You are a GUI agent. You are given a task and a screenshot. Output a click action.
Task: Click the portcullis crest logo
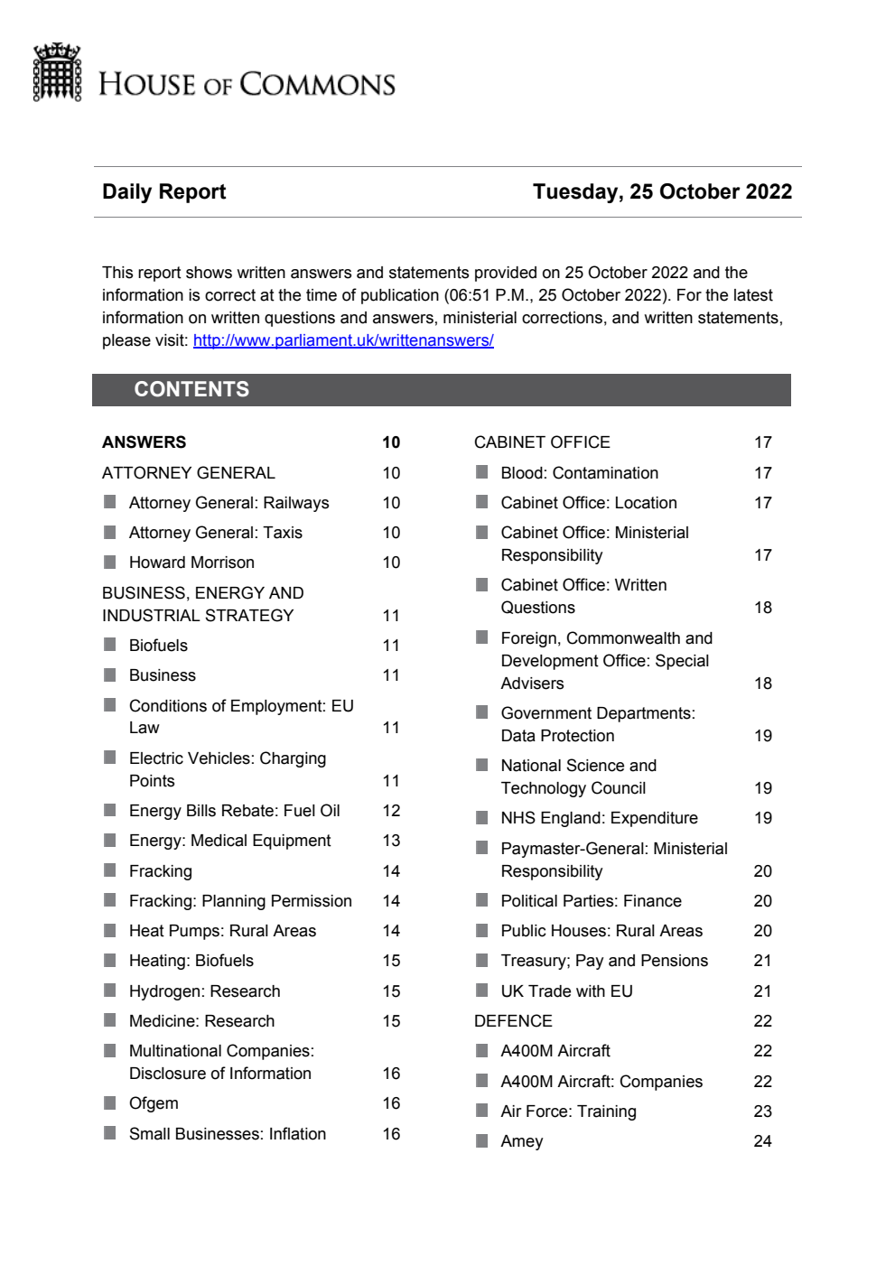pyautogui.click(x=57, y=72)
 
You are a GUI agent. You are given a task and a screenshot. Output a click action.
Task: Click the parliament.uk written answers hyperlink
pyautogui.click(x=343, y=340)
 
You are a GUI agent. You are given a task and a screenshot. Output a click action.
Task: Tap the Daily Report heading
pyautogui.click(x=163, y=191)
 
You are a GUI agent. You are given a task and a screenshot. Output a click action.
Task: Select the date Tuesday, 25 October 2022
pyautogui.click(x=662, y=191)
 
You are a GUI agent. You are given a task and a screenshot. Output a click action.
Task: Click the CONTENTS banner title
pyautogui.click(x=191, y=389)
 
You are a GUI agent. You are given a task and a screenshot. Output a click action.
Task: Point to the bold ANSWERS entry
pyautogui.click(x=145, y=442)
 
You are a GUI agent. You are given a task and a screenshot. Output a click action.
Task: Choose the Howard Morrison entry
pyautogui.click(x=191, y=563)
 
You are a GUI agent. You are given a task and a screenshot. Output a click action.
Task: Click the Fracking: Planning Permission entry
pyautogui.click(x=240, y=901)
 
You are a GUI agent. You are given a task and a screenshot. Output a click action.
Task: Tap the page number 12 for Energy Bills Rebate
pyautogui.click(x=391, y=811)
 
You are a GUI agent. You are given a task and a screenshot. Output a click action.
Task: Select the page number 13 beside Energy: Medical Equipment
pyautogui.click(x=391, y=841)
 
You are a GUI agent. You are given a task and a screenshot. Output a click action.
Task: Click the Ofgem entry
pyautogui.click(x=154, y=1103)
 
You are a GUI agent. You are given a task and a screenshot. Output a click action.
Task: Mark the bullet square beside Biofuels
pyautogui.click(x=110, y=645)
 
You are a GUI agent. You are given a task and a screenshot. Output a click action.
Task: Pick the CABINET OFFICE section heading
pyautogui.click(x=542, y=442)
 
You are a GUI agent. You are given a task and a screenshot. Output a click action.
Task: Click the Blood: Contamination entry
pyautogui.click(x=579, y=473)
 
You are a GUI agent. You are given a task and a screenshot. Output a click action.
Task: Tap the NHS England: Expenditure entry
pyautogui.click(x=599, y=818)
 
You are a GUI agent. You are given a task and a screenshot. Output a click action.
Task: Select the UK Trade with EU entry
pyautogui.click(x=566, y=991)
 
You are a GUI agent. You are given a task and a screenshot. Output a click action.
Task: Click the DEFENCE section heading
pyautogui.click(x=513, y=1021)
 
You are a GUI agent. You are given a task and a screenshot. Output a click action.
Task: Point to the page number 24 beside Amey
pyautogui.click(x=762, y=1141)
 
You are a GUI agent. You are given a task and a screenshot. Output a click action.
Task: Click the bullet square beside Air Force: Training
pyautogui.click(x=482, y=1111)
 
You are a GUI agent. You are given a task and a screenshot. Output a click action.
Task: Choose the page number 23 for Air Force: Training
pyautogui.click(x=762, y=1112)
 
